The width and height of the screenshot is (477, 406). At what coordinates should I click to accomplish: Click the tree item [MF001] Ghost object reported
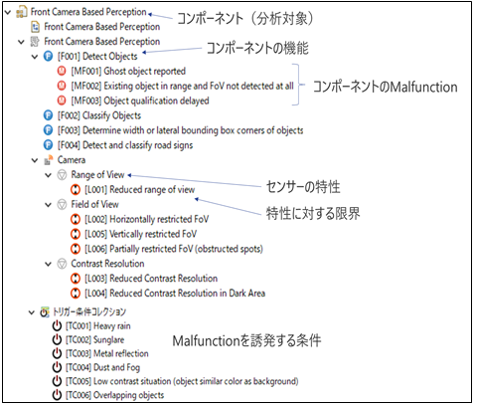[128, 71]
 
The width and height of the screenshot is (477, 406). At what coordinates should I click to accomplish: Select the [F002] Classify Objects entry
[99, 115]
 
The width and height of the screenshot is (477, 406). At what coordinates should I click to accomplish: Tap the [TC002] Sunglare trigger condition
[95, 339]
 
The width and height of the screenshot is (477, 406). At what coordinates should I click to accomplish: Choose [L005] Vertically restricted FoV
[141, 234]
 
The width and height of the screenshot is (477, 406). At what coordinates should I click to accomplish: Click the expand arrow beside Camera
[35, 160]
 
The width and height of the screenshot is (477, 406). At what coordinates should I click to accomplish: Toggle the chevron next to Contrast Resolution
[49, 264]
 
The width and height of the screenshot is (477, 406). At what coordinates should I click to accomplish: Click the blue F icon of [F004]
[48, 145]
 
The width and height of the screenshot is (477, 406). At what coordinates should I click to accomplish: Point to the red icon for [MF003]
[62, 101]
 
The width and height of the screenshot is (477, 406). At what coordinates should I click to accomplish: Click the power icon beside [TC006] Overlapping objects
[57, 395]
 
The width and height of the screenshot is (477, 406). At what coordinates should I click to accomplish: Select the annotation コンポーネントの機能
[257, 49]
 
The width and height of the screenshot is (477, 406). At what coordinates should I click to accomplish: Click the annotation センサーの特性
[303, 187]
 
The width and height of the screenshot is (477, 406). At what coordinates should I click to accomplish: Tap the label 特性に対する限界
[313, 213]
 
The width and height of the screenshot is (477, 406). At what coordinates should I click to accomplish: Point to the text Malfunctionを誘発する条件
[246, 340]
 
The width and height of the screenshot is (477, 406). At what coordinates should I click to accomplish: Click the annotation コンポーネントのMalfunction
[386, 87]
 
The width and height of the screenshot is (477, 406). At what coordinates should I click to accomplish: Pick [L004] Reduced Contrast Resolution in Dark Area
[175, 294]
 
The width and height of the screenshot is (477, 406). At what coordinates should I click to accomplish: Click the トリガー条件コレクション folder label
[89, 311]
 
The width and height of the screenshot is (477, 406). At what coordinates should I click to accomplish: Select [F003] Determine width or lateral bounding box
[180, 130]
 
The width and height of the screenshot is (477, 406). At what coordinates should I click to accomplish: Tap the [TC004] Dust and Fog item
[102, 367]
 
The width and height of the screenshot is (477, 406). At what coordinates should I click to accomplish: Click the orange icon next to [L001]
[76, 190]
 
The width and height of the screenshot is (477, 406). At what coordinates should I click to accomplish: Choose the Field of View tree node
[94, 204]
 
